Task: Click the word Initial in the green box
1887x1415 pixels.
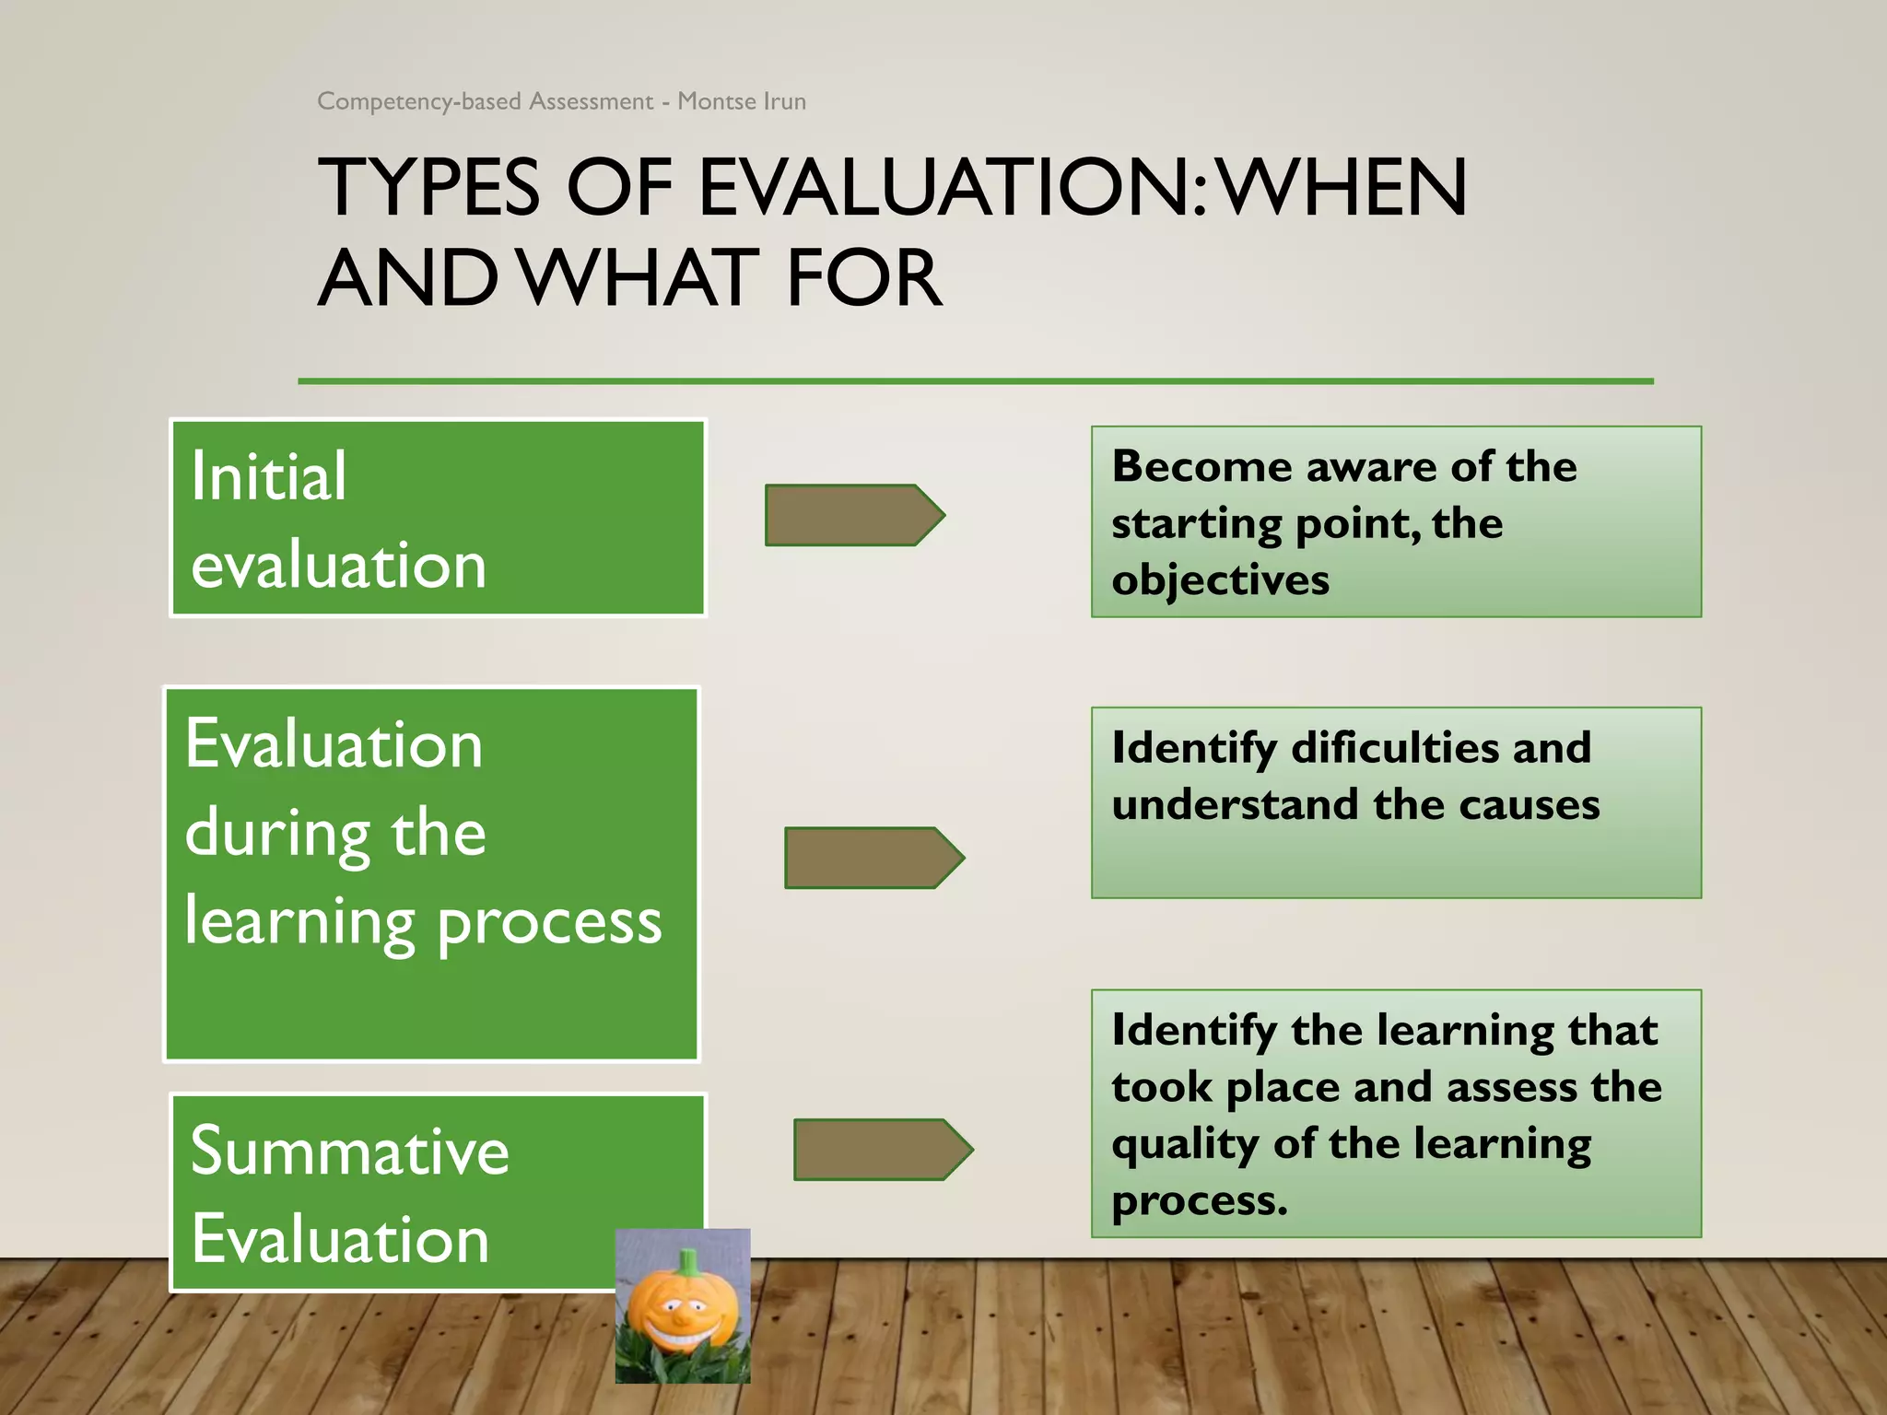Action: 269,477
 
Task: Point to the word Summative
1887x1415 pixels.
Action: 349,1152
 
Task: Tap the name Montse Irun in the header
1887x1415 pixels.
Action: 742,101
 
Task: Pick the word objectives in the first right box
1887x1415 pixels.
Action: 1220,580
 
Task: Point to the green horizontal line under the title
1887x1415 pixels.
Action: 975,380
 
